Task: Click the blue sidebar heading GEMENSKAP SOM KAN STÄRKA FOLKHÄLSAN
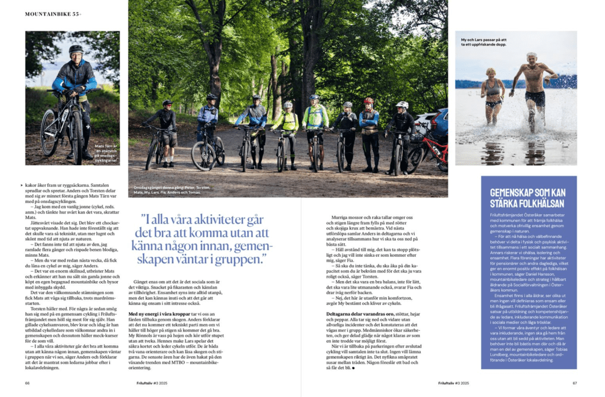click(x=528, y=196)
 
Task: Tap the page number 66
click(x=27, y=383)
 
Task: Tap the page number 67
click(x=574, y=383)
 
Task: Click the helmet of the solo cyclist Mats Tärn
click(x=76, y=49)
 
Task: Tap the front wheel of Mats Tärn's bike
click(x=49, y=133)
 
